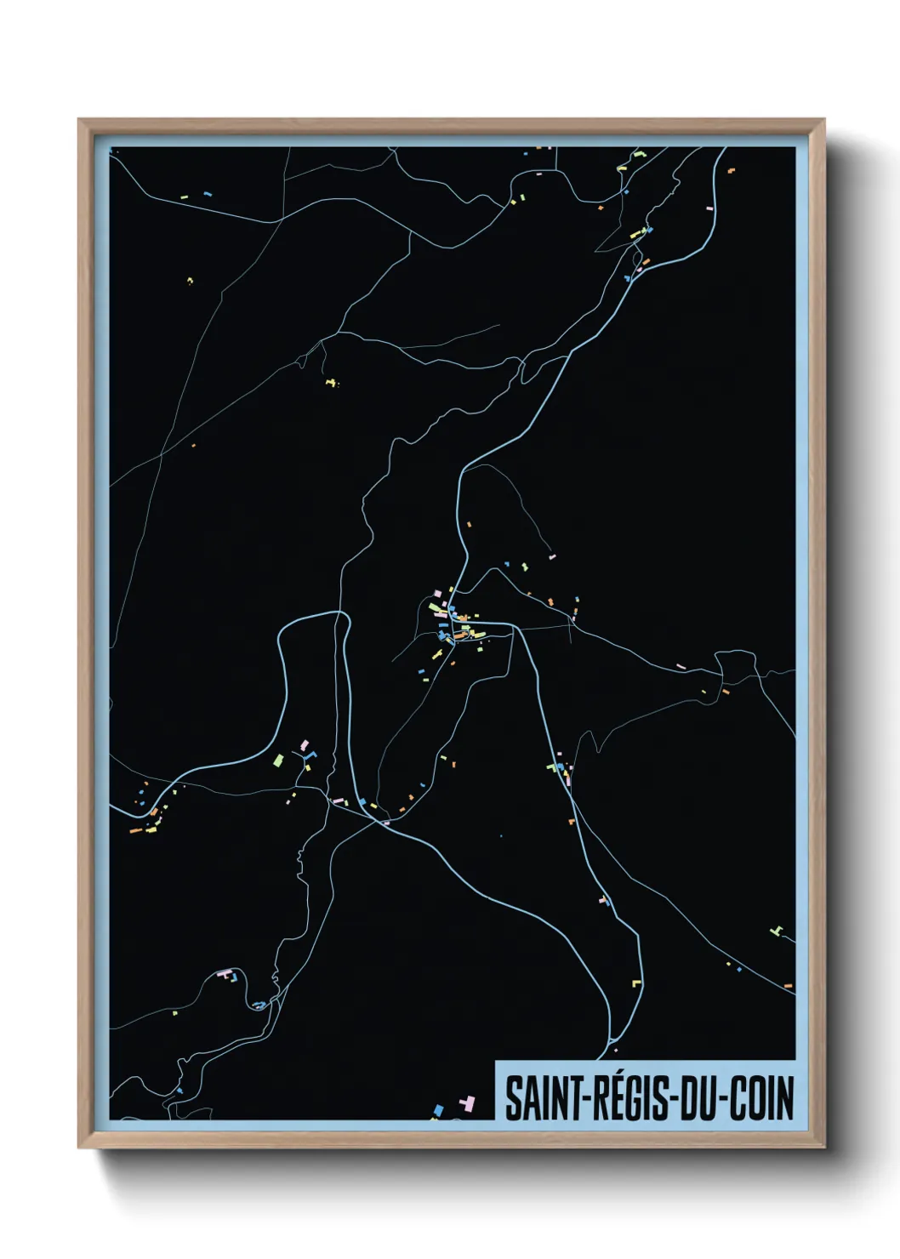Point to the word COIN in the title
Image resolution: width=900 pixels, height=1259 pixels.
pyautogui.click(x=761, y=1098)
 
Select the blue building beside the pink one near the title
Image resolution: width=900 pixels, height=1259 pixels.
pyautogui.click(x=439, y=1109)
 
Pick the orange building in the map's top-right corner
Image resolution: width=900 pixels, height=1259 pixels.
pyautogui.click(x=730, y=170)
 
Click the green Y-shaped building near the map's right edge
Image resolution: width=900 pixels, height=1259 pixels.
pyautogui.click(x=776, y=931)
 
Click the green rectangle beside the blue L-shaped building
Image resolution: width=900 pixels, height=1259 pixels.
pyautogui.click(x=277, y=759)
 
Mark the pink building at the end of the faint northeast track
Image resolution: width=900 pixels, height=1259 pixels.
pyautogui.click(x=552, y=556)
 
